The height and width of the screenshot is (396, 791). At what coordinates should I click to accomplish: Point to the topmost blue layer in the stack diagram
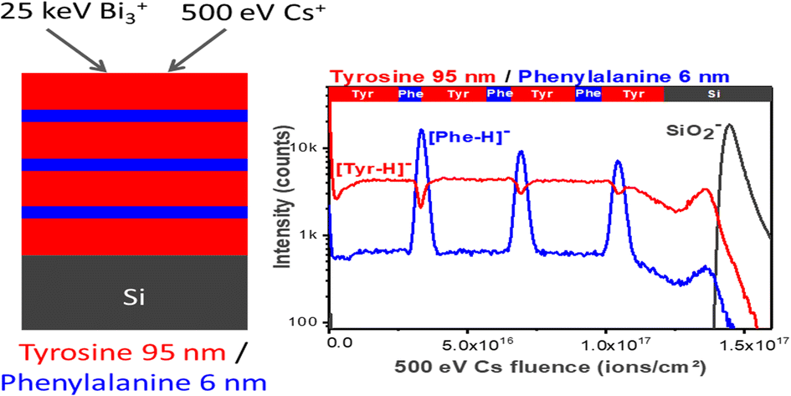click(134, 116)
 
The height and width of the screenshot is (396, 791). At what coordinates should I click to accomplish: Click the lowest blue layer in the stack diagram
click(134, 212)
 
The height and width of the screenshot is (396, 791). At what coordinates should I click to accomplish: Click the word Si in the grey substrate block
click(134, 294)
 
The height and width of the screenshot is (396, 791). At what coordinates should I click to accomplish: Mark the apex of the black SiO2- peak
click(730, 125)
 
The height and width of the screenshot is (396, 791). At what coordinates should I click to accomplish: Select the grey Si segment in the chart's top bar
click(716, 95)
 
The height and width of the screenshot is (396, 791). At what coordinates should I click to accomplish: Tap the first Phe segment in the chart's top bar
click(410, 95)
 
